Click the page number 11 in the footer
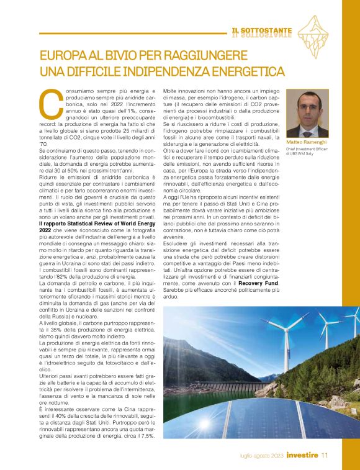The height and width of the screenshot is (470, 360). click(x=324, y=457)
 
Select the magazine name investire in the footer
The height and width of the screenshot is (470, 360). click(x=302, y=457)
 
